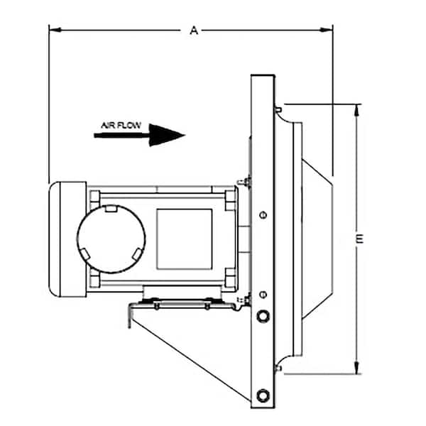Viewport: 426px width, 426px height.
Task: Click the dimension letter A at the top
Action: click(193, 31)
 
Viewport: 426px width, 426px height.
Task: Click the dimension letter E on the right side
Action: click(360, 239)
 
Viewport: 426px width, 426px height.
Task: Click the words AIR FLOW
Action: click(121, 126)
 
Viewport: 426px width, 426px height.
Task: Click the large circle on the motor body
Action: click(111, 238)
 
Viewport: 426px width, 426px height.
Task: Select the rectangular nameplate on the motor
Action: click(184, 239)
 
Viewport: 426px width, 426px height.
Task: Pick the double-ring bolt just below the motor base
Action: click(263, 315)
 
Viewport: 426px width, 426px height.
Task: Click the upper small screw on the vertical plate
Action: click(263, 215)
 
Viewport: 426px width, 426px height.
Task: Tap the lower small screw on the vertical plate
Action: click(263, 293)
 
